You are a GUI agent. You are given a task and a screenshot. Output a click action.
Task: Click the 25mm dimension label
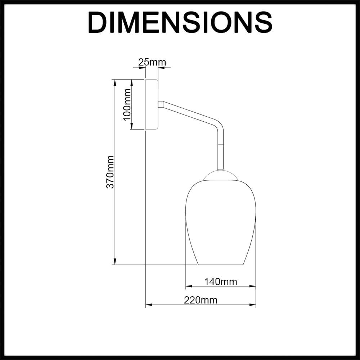152,62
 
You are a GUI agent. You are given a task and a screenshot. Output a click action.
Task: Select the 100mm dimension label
127,104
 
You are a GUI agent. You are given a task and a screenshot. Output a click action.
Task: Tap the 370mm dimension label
110,172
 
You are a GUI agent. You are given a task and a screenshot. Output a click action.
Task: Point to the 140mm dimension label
221,282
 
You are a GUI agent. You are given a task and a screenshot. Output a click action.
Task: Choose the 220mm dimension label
201,300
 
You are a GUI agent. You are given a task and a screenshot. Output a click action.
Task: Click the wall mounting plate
152,104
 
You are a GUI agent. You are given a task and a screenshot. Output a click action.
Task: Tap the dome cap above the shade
221,175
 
